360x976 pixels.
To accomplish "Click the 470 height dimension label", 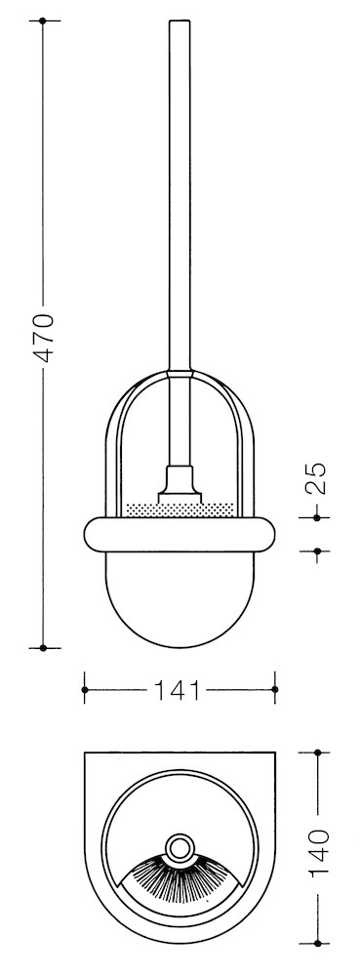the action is click(44, 339).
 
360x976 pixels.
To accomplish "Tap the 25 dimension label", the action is click(318, 478).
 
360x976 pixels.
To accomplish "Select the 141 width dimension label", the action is click(178, 690).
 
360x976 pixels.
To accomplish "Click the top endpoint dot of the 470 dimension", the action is click(43, 21).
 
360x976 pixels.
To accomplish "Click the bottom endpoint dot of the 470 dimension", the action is click(43, 648).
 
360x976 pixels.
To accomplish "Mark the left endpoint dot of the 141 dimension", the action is click(85, 690).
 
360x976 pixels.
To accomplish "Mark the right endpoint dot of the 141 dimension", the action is click(275, 690).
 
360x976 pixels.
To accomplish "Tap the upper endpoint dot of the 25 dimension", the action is click(317, 517).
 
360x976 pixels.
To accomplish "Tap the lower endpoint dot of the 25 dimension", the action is click(317, 550).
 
